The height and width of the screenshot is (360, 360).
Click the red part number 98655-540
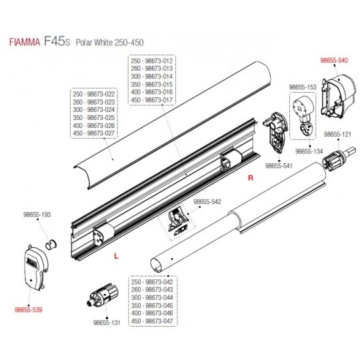334,61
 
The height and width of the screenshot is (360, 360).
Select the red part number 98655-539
29,310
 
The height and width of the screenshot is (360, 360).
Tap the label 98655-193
37,215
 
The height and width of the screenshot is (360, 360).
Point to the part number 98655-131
107,323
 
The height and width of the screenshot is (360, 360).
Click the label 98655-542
207,202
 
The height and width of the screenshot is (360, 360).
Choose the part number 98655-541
279,165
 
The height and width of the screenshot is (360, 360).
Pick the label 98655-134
309,151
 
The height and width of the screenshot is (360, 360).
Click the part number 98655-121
337,134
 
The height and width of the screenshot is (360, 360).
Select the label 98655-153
303,87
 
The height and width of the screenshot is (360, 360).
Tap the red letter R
251,178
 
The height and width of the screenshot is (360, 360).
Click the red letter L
117,256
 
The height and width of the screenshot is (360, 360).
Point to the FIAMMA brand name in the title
25,43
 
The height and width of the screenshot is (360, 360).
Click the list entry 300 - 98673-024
94,110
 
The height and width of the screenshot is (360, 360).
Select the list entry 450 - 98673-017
152,100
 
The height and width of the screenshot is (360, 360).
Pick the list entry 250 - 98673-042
152,282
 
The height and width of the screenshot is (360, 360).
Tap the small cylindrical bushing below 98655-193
51,244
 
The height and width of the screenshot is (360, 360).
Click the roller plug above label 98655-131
103,295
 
